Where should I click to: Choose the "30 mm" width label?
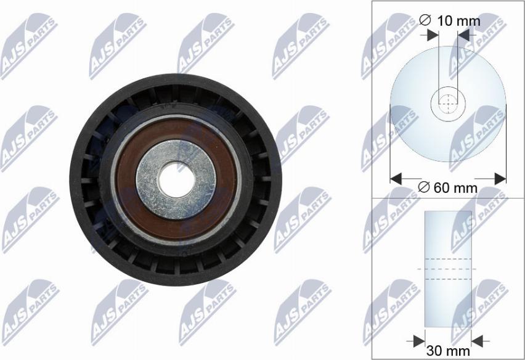click(x=448, y=351)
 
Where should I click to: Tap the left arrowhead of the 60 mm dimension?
click(x=397, y=179)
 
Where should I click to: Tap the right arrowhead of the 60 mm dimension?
click(x=500, y=179)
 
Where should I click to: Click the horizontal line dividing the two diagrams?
click(x=448, y=198)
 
